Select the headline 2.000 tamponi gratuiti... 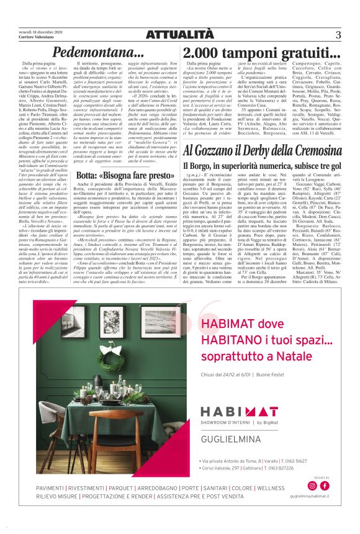261,53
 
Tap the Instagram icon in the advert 312,485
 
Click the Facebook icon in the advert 323,485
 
